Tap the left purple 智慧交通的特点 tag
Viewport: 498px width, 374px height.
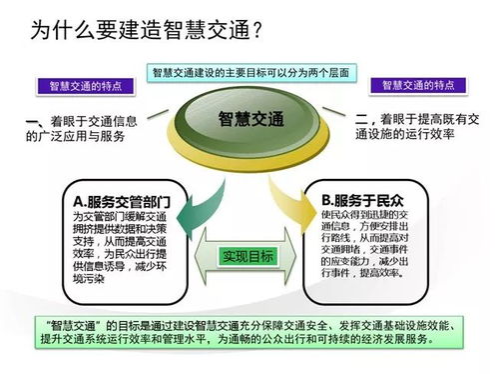pyautogui.click(x=78, y=86)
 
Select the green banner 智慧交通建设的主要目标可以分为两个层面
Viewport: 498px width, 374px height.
pyautogui.click(x=249, y=73)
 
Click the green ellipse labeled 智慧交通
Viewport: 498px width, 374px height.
pyautogui.click(x=250, y=119)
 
